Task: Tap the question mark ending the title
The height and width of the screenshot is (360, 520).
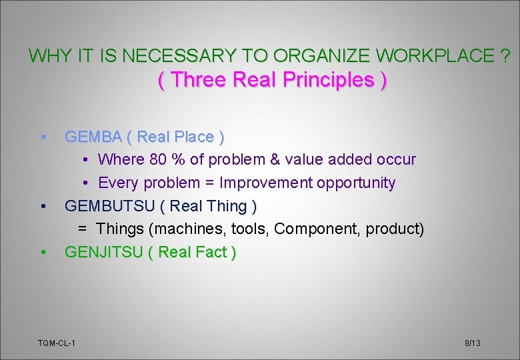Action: (x=507, y=56)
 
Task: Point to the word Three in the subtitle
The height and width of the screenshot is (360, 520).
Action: (x=196, y=80)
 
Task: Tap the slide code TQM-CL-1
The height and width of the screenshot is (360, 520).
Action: (x=56, y=343)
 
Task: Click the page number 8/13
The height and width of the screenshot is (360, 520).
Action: (x=472, y=343)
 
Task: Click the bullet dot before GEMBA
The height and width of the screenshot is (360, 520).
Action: (x=43, y=137)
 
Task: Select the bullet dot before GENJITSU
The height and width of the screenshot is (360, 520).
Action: (x=43, y=252)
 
